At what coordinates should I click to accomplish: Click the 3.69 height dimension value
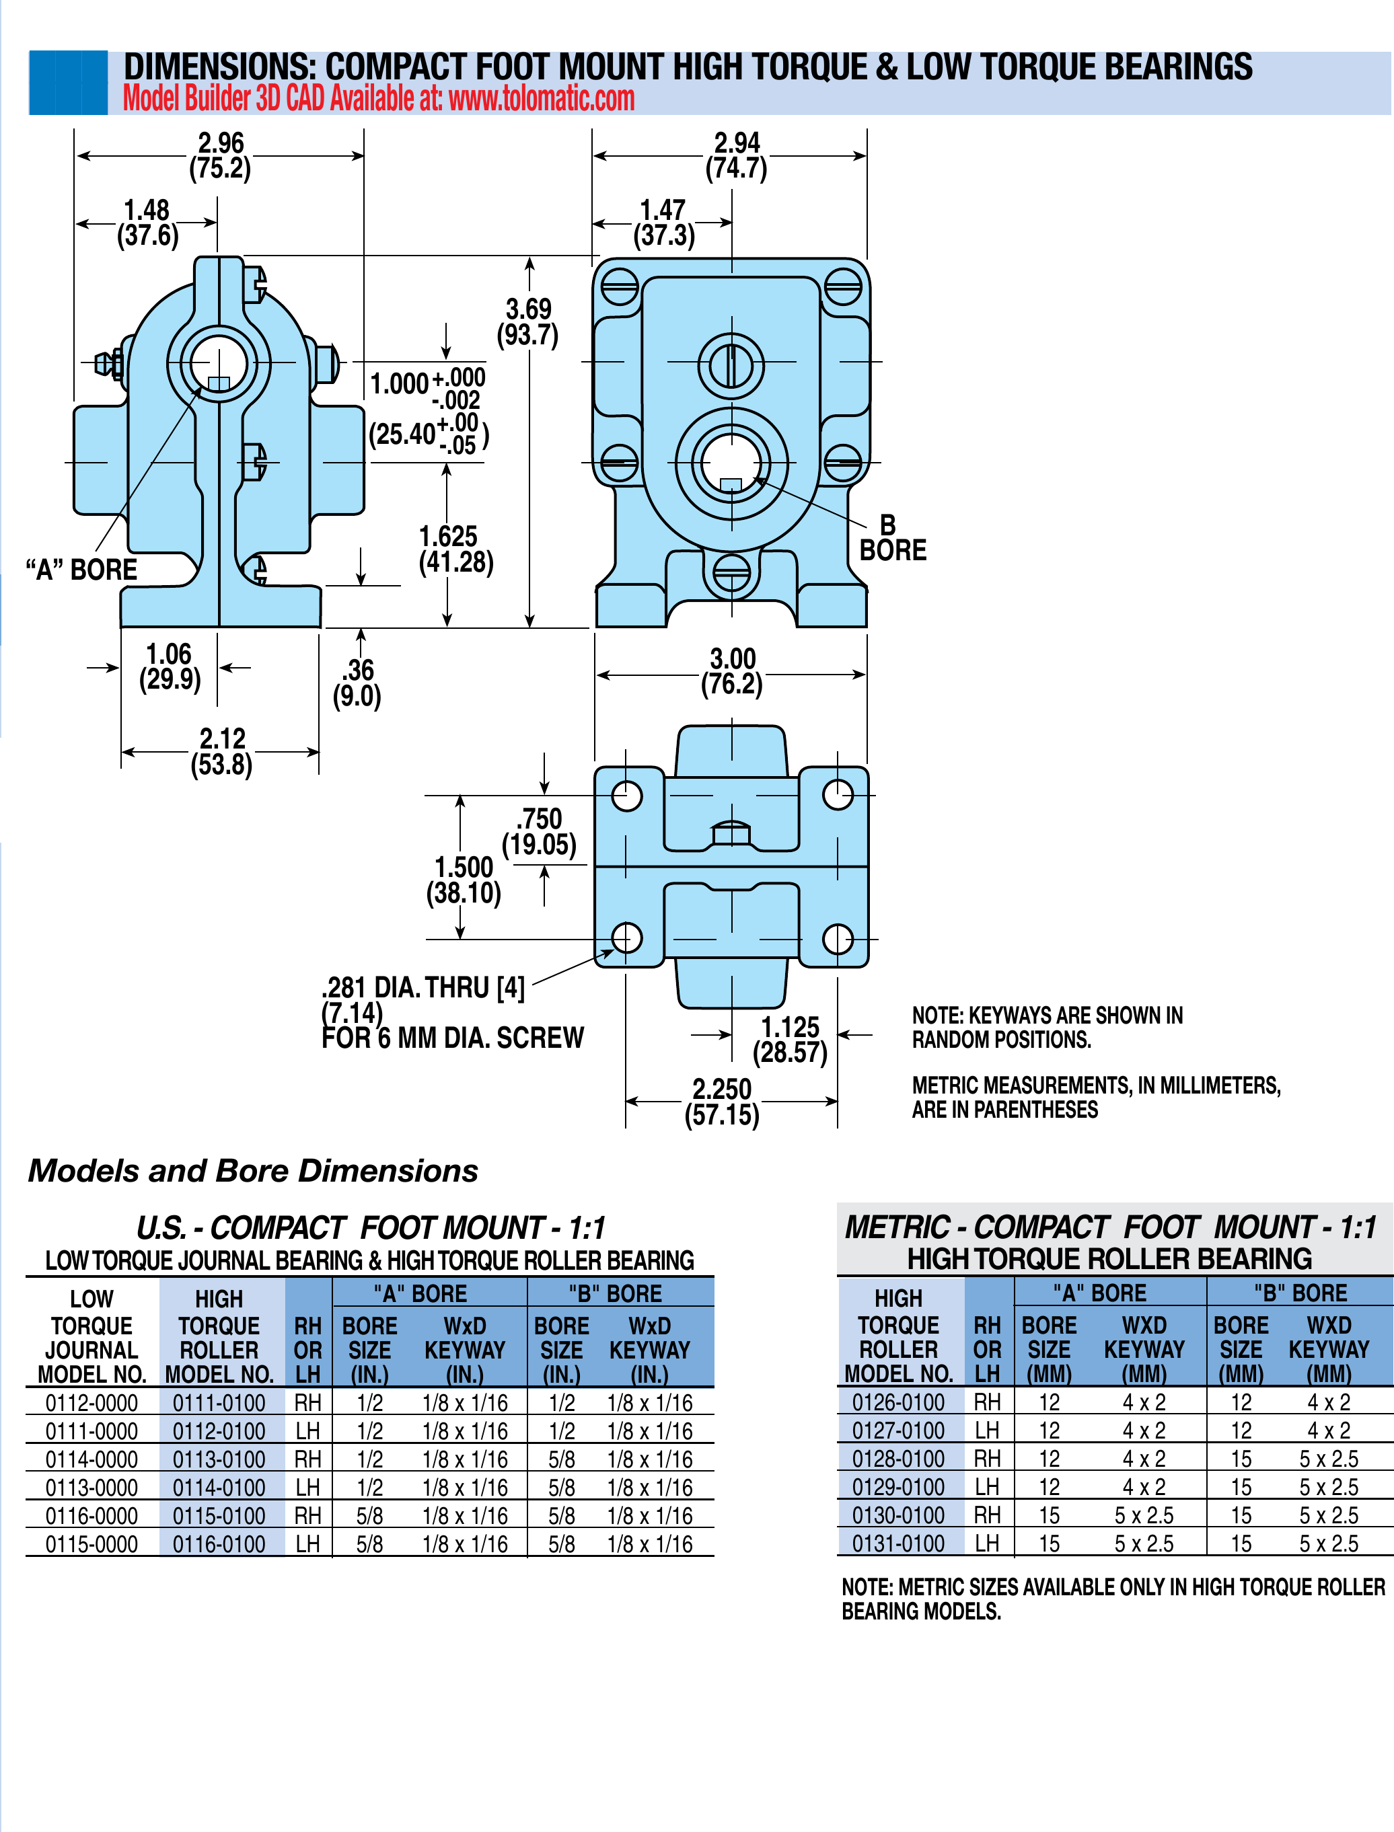pyautogui.click(x=529, y=310)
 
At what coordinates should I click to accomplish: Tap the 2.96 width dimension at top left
pyautogui.click(x=221, y=143)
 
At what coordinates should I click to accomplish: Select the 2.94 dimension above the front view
pyautogui.click(x=737, y=143)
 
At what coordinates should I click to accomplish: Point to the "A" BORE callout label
pyautogui.click(x=82, y=570)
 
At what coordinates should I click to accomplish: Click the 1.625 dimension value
pyautogui.click(x=448, y=537)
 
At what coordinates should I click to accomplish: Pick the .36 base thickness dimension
pyautogui.click(x=359, y=670)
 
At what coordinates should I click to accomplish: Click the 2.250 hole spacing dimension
pyautogui.click(x=722, y=1089)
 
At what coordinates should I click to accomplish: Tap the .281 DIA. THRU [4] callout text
pyautogui.click(x=423, y=988)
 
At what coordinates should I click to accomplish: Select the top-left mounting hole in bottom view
pyautogui.click(x=626, y=796)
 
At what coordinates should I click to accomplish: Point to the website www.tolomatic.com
pyautogui.click(x=541, y=99)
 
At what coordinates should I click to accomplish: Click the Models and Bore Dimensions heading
pyautogui.click(x=253, y=1171)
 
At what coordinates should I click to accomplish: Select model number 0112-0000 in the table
pyautogui.click(x=91, y=1403)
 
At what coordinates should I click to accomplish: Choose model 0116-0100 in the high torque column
pyautogui.click(x=219, y=1544)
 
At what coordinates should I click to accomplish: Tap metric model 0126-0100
pyautogui.click(x=899, y=1402)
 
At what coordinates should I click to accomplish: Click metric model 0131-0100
pyautogui.click(x=899, y=1543)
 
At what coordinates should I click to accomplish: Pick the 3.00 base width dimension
pyautogui.click(x=733, y=659)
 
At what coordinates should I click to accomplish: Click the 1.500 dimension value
pyautogui.click(x=464, y=868)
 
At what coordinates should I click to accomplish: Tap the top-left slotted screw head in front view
pyautogui.click(x=619, y=289)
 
